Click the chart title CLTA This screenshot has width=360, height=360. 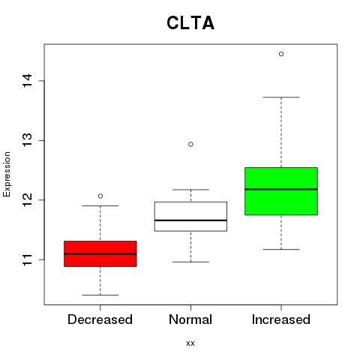[x=190, y=23]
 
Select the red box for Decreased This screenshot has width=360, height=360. [x=100, y=253]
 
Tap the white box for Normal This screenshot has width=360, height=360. [x=190, y=216]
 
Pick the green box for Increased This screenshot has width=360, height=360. [x=281, y=191]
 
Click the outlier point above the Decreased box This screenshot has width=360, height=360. [x=100, y=196]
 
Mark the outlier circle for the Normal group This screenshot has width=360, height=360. [x=190, y=144]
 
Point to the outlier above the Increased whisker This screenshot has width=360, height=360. [x=281, y=54]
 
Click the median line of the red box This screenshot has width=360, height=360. [x=100, y=254]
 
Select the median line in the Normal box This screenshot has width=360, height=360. [x=190, y=220]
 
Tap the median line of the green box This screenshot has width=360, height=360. [x=281, y=189]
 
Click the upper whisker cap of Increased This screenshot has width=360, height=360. [x=281, y=97]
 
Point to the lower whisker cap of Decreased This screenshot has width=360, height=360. [x=100, y=295]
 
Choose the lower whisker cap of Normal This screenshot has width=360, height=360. [x=190, y=262]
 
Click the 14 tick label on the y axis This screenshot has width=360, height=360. [x=27, y=81]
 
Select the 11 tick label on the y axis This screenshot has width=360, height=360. [x=27, y=259]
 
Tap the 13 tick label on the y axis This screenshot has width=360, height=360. [x=27, y=140]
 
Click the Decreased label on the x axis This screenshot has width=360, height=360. [x=100, y=319]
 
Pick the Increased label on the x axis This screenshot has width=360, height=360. [x=281, y=319]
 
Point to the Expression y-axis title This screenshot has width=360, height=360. [x=7, y=174]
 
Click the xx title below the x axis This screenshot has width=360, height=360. [x=190, y=343]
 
